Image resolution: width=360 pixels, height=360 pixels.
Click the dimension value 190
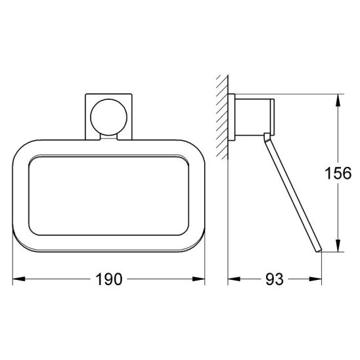pos(108,279)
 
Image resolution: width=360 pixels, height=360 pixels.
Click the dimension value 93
pos(275,279)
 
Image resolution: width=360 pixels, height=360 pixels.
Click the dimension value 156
pos(338,173)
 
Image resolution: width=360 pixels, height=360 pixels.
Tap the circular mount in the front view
pos(108,117)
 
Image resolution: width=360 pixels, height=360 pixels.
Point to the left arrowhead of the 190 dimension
pos(19,279)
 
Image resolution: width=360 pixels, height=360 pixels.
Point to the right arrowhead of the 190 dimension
pos(198,279)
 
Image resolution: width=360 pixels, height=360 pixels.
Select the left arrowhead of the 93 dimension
pos(234,279)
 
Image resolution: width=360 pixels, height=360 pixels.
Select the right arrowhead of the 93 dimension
pos(315,279)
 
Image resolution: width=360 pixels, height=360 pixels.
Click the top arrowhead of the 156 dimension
pos(338,101)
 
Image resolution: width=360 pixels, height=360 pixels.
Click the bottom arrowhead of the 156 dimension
pos(338,246)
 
